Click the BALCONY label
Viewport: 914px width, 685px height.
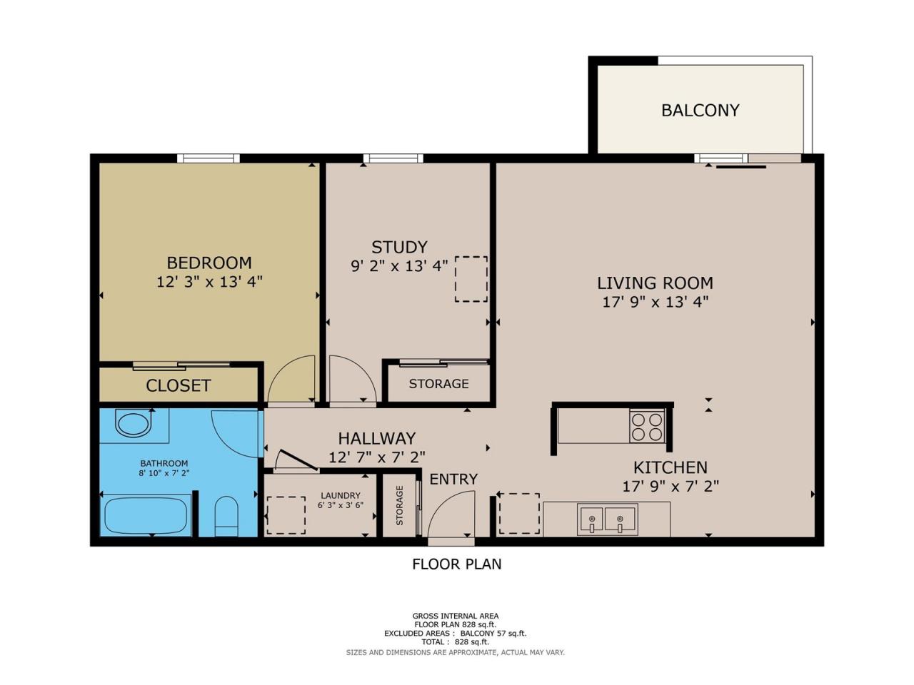point(700,110)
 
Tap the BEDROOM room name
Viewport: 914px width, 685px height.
point(209,263)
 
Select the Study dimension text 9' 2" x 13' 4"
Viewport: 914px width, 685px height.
point(399,265)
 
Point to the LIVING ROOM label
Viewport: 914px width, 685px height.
point(655,283)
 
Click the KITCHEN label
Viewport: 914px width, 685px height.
point(670,468)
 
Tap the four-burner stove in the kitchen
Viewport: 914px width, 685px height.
point(647,427)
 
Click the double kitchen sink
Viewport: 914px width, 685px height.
point(607,519)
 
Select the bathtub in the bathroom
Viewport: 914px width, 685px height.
point(146,516)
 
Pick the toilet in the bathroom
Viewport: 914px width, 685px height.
point(226,516)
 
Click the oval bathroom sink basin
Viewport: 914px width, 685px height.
point(134,423)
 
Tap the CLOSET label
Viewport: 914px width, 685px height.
point(179,386)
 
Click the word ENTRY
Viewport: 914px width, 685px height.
point(453,479)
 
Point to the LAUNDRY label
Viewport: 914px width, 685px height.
point(340,495)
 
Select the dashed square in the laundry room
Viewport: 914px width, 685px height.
point(286,515)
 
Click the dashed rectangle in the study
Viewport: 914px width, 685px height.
point(471,279)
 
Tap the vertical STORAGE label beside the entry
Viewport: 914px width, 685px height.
point(399,505)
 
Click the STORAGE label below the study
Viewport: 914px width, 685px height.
point(438,384)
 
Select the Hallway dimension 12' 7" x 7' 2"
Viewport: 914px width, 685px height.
point(377,457)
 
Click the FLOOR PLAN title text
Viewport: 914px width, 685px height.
point(457,564)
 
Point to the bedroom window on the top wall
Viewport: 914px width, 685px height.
point(209,158)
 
